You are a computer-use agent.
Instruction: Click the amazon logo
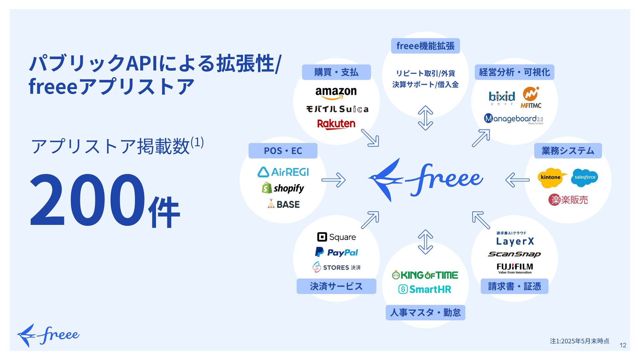coord(336,93)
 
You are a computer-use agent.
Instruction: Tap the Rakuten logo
coord(336,124)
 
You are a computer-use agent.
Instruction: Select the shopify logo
coord(283,188)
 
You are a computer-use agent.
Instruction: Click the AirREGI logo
coord(283,172)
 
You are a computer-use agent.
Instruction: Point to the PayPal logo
coord(336,252)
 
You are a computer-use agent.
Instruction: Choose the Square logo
coord(336,237)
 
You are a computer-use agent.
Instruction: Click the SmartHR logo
coord(425,289)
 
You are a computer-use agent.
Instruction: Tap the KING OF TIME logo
coord(425,275)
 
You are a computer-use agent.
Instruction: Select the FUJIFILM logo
coord(515,268)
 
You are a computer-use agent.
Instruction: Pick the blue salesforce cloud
coord(585,177)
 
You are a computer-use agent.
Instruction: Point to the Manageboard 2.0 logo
coord(513,119)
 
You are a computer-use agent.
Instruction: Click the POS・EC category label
coord(283,151)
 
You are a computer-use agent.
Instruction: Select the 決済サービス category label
coord(336,286)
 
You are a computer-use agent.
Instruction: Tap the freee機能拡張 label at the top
coord(425,46)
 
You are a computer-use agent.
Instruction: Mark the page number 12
coord(623,345)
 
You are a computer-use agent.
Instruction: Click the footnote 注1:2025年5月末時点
coord(579,341)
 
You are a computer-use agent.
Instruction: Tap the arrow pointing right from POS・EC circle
coord(333,180)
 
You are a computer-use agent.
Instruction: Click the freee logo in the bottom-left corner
coord(48,335)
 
